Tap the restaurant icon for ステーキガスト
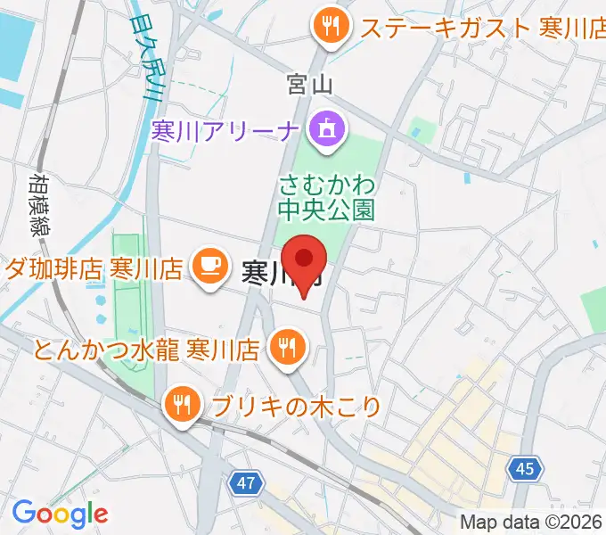(329, 26)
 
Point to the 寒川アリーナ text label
(225, 131)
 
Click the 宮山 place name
(310, 85)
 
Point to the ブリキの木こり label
(298, 407)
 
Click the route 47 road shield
(247, 483)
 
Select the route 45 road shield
(527, 467)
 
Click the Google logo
(61, 513)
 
